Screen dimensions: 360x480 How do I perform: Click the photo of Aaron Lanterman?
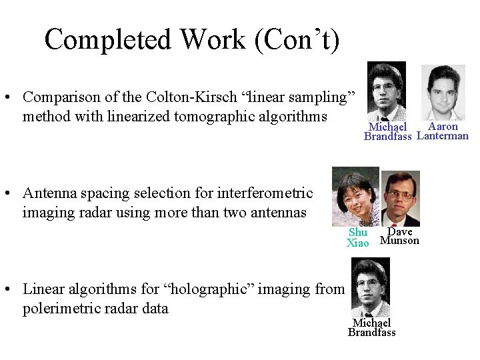point(443,91)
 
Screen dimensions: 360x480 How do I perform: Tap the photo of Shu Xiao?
point(355,196)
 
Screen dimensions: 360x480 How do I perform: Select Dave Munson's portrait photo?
point(400,197)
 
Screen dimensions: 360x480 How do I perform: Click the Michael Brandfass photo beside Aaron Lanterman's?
point(387,90)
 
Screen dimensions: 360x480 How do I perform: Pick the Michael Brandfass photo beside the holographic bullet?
point(371,287)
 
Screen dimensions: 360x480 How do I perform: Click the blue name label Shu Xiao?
point(358,238)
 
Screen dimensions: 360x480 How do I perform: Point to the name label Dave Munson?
point(400,236)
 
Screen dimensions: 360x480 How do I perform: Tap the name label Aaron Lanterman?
point(443,131)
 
